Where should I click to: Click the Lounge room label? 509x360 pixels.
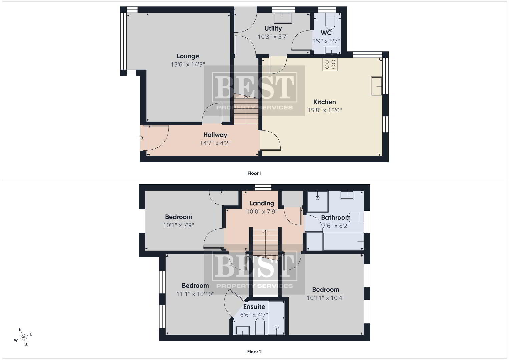pos(188,56)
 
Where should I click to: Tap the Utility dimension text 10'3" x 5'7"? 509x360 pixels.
pos(273,37)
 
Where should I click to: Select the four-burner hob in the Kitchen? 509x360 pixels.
pos(330,65)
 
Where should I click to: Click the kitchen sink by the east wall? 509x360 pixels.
pos(377,86)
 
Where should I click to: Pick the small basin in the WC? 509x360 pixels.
pos(331,50)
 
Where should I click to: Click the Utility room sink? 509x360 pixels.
pos(283,18)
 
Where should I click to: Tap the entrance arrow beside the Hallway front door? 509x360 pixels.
pos(140,138)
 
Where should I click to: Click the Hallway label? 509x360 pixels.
pos(215,135)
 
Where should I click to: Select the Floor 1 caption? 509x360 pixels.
pos(255,173)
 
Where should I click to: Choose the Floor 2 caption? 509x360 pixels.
pos(255,352)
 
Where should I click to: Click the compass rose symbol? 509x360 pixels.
pos(23,337)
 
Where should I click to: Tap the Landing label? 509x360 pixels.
pos(262,203)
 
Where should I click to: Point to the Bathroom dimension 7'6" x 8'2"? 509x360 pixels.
pos(336,226)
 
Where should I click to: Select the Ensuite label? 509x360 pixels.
pos(254,307)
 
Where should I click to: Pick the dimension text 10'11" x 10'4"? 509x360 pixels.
pos(326,298)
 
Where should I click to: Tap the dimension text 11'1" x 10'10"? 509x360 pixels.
pos(195,294)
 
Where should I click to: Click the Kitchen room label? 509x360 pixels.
pos(325,102)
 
